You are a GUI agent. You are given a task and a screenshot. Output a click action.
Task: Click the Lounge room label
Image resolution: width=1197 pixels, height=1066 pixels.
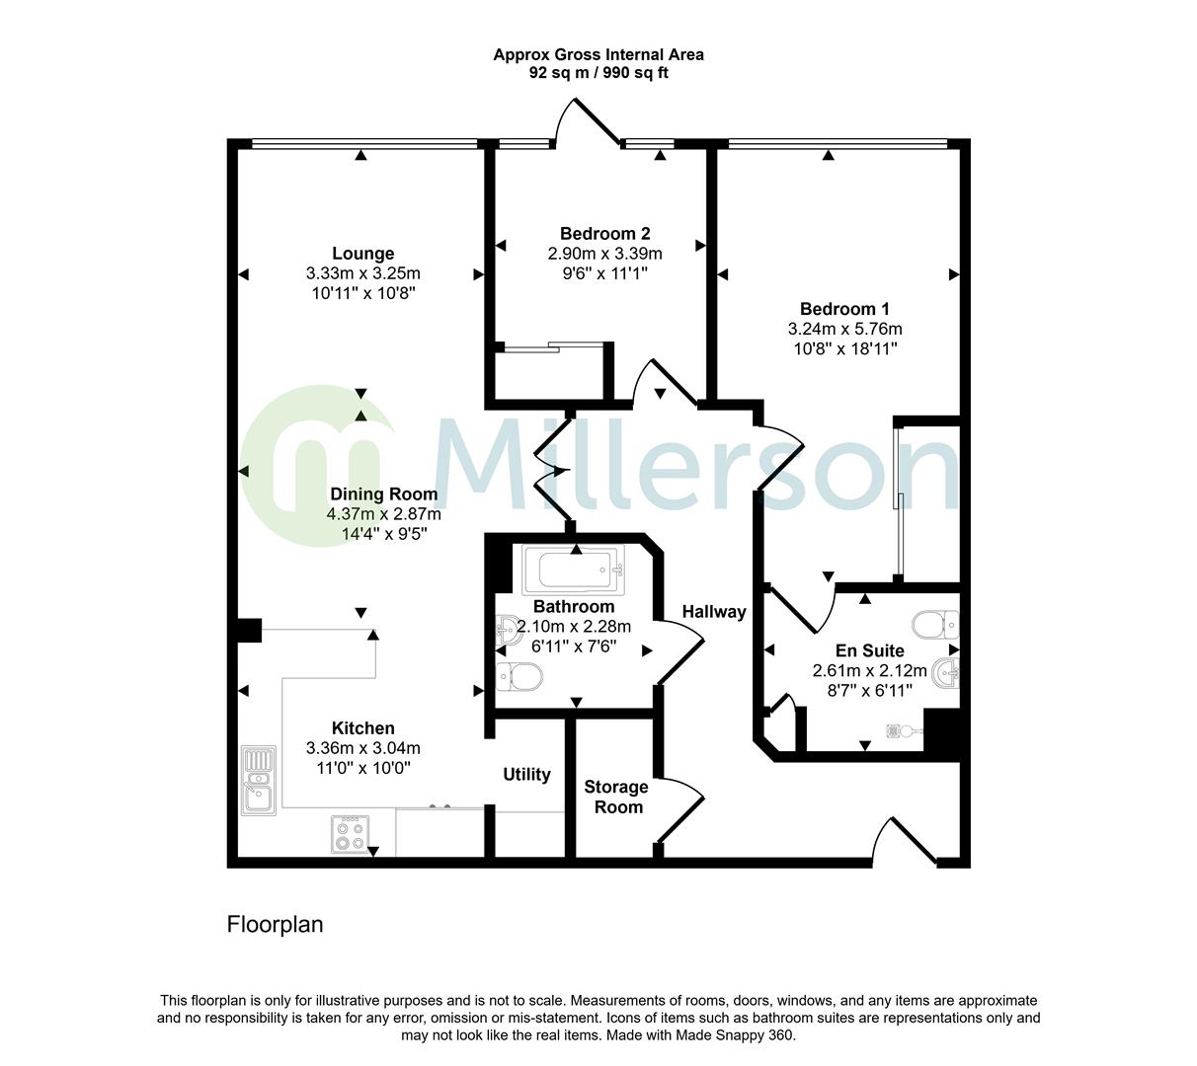pyautogui.click(x=362, y=254)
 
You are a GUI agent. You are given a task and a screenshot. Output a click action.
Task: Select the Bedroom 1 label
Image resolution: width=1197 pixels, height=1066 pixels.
pyautogui.click(x=844, y=309)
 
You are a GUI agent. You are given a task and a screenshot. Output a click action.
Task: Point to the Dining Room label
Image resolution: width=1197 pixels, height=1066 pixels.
pyautogui.click(x=383, y=495)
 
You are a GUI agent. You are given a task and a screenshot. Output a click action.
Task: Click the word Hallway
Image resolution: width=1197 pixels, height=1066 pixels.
pyautogui.click(x=714, y=612)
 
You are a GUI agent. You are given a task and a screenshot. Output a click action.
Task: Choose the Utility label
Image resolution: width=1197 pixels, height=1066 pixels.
pyautogui.click(x=526, y=775)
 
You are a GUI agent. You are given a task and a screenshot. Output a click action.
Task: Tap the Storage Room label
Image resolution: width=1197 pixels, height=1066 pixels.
pyautogui.click(x=615, y=797)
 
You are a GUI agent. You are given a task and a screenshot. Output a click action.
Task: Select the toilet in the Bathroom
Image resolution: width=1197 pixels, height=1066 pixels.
pyautogui.click(x=519, y=677)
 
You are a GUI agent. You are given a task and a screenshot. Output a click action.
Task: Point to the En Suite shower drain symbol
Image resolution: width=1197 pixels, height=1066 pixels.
pyautogui.click(x=898, y=731)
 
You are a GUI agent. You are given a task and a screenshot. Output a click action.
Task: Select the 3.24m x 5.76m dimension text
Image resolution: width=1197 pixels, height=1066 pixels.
pyautogui.click(x=844, y=329)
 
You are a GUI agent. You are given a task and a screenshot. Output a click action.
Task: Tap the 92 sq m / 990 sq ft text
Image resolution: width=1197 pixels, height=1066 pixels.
pyautogui.click(x=598, y=73)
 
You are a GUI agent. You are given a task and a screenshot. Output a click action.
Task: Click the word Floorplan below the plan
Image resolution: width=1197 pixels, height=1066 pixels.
pyautogui.click(x=276, y=925)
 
